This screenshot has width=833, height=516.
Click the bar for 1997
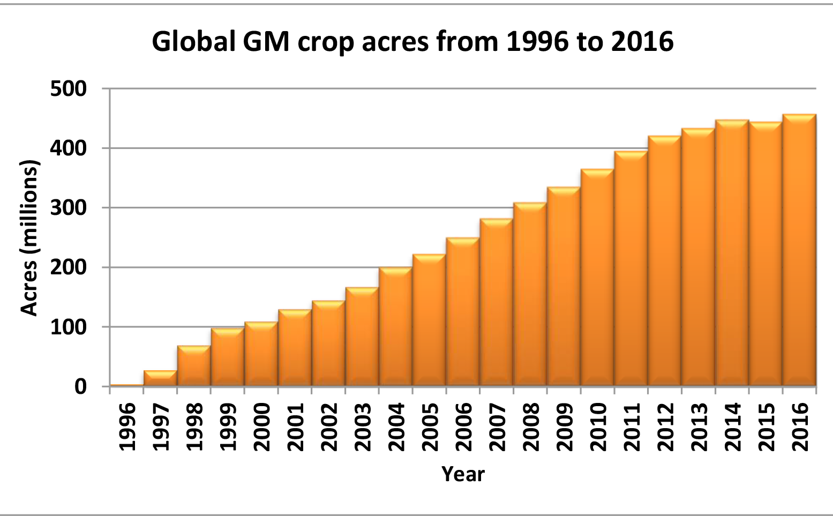[x=160, y=378]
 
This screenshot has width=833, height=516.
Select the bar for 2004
[x=395, y=327]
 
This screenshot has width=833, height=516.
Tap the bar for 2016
[x=799, y=250]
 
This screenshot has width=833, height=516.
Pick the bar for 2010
[x=597, y=278]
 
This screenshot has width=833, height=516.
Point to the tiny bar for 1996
[x=126, y=385]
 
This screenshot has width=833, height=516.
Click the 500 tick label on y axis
[x=68, y=89]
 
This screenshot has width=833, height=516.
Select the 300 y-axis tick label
[x=68, y=208]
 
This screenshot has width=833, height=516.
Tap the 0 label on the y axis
[x=80, y=387]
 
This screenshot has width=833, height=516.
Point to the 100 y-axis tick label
[x=68, y=327]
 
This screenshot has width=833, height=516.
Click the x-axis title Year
[x=463, y=474]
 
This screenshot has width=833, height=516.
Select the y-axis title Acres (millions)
[x=29, y=237]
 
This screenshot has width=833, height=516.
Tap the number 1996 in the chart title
[x=537, y=41]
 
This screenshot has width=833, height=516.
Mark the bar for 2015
[x=766, y=254]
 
